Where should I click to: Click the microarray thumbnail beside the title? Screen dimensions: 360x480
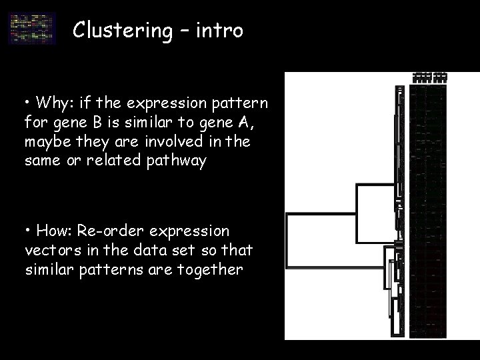(x=33, y=29)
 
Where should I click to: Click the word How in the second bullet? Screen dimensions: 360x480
(x=51, y=231)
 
